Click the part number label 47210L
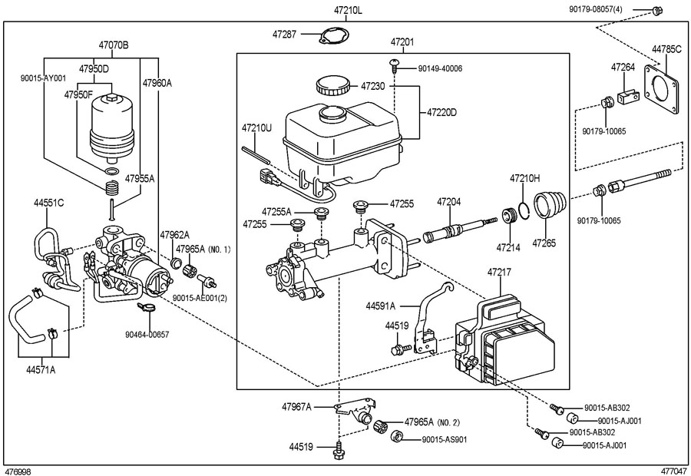(x=348, y=11)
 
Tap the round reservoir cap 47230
(x=332, y=85)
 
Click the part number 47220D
(x=441, y=112)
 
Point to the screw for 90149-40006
(x=395, y=65)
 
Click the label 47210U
(x=256, y=127)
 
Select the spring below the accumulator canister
(x=112, y=188)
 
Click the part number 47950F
(x=79, y=94)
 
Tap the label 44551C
(x=49, y=203)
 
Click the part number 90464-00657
(x=147, y=335)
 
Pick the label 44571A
(x=41, y=370)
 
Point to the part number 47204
(x=449, y=203)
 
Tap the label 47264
(x=623, y=68)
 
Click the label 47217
(x=499, y=273)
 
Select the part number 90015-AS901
(x=445, y=439)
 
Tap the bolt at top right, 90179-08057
(x=656, y=10)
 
